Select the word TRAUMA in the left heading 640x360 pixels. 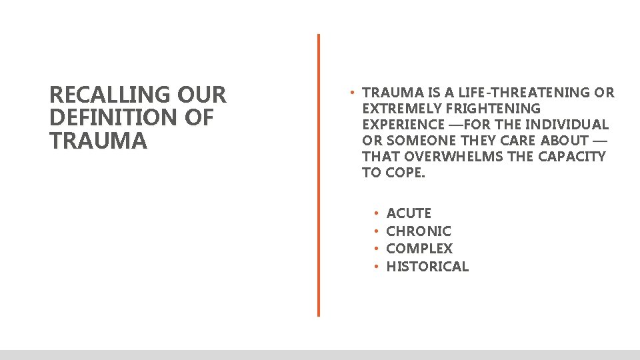click(x=98, y=141)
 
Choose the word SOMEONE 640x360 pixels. click(x=423, y=141)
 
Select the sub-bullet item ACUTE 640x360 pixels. click(x=409, y=213)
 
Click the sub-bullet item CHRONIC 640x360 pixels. click(x=419, y=231)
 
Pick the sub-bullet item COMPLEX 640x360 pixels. click(x=419, y=249)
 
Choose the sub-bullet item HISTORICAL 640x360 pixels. click(x=427, y=267)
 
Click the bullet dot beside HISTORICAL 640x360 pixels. click(x=376, y=267)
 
